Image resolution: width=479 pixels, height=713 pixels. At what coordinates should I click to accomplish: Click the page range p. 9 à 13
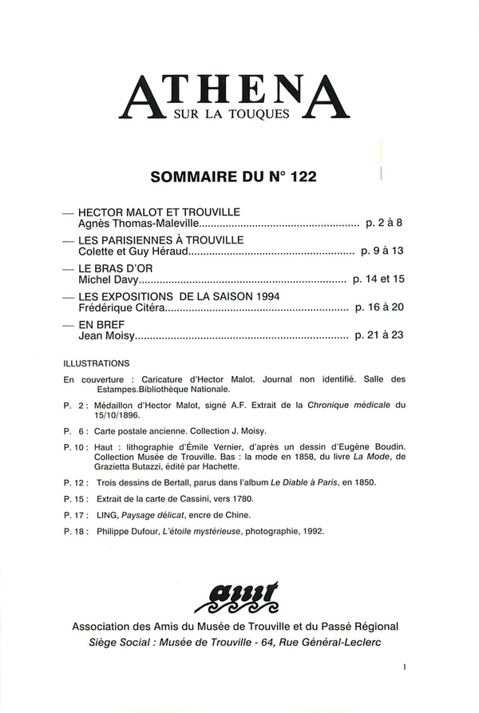click(382, 252)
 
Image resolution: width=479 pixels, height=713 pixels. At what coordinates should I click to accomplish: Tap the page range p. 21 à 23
click(380, 336)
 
